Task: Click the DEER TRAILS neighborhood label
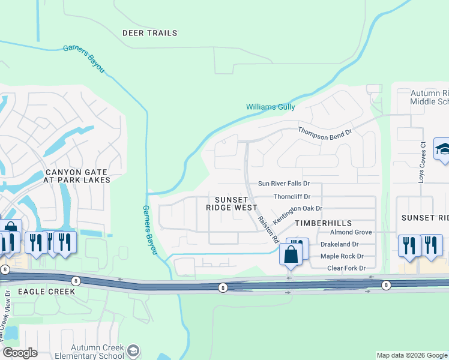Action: tap(150, 33)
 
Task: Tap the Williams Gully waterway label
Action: tap(270, 107)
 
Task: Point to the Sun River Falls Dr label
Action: tap(283, 184)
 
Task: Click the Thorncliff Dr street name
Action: tap(292, 196)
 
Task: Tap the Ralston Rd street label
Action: tap(268, 229)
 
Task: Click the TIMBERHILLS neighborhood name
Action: tap(318, 222)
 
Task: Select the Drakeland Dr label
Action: tap(339, 244)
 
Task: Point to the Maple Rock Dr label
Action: tap(343, 256)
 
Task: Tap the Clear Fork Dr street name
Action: tap(346, 268)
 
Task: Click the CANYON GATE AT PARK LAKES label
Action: tap(78, 176)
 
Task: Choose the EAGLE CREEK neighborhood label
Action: tap(38, 292)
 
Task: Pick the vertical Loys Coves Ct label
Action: tap(423, 155)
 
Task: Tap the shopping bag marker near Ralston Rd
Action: tap(291, 254)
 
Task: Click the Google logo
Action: tap(20, 353)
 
